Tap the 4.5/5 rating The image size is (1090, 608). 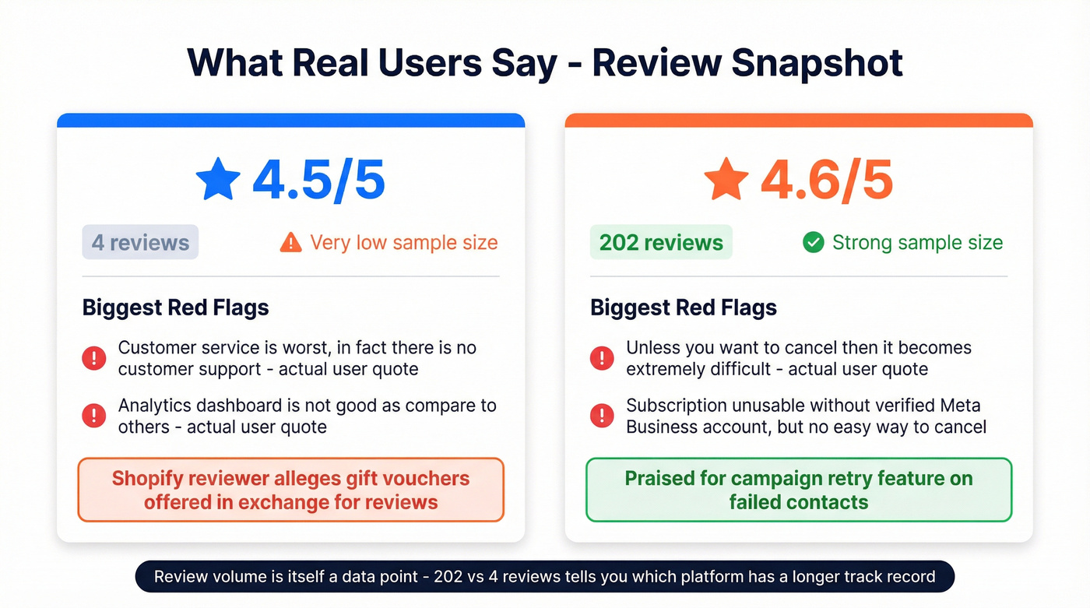point(318,179)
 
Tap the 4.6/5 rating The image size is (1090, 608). point(826,179)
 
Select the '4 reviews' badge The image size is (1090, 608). point(140,243)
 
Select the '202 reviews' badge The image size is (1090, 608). point(661,243)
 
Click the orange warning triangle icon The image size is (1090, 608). point(290,243)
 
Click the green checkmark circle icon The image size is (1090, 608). point(813,243)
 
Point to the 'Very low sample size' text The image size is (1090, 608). point(403,243)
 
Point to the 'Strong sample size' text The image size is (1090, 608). point(917,243)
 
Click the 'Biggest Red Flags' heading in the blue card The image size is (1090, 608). point(176,308)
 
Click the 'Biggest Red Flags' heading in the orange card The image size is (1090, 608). point(684,308)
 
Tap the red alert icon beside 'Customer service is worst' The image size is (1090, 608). point(94,358)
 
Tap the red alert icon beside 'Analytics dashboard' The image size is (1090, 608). point(94,416)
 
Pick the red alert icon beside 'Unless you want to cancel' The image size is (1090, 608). point(602,358)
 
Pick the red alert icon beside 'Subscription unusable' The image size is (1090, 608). point(602,416)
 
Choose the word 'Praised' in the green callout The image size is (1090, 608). point(659,478)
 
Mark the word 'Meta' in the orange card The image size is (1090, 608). point(958,406)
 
